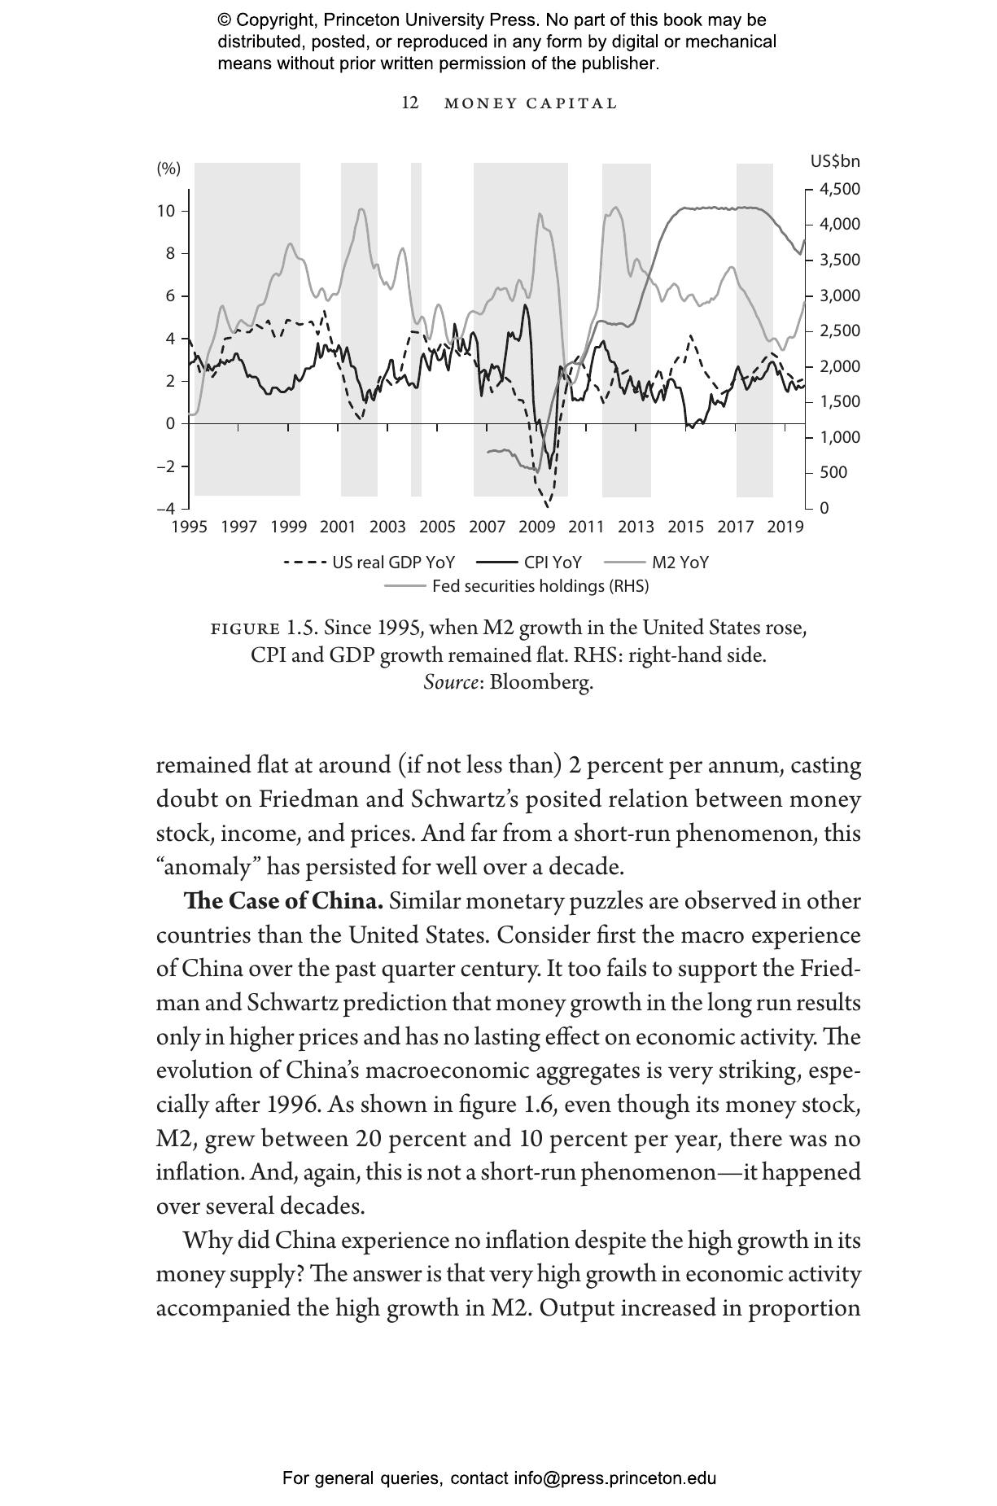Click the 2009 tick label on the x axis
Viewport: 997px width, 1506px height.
pos(536,527)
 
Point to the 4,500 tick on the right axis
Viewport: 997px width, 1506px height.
pos(840,189)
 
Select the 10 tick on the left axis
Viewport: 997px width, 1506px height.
pos(166,211)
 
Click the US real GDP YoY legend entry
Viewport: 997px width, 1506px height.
pos(370,563)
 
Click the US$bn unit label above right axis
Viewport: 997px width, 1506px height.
pos(835,161)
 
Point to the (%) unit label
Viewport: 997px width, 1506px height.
pos(168,169)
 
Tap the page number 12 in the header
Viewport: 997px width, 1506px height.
pos(410,103)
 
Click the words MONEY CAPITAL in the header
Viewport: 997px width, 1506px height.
pos(531,103)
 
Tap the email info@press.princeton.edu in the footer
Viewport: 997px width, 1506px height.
pos(614,1478)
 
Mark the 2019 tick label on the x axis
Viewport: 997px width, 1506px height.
pos(785,527)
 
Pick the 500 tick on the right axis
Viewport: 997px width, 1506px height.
pos(834,472)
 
